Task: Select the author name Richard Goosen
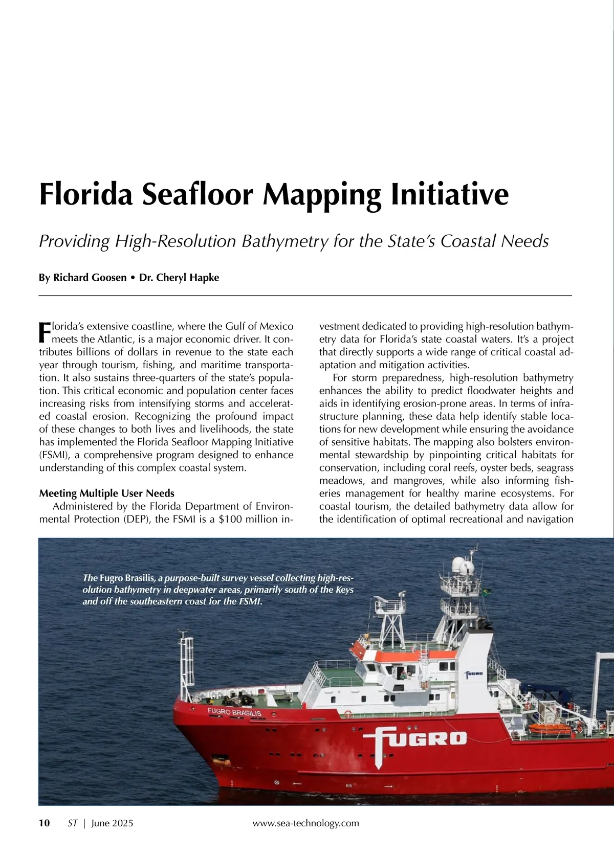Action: (x=90, y=278)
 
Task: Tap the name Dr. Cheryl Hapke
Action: (x=179, y=278)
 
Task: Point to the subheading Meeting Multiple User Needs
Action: (x=106, y=493)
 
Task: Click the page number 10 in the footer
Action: (x=45, y=823)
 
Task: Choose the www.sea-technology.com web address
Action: (x=305, y=823)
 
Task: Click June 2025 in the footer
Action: (x=112, y=823)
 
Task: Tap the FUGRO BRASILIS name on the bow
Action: (x=234, y=712)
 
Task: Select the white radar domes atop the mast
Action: (x=462, y=566)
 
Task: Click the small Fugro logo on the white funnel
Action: (x=474, y=673)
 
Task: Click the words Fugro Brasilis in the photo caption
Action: (x=127, y=578)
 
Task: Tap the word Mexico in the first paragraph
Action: (x=276, y=326)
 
